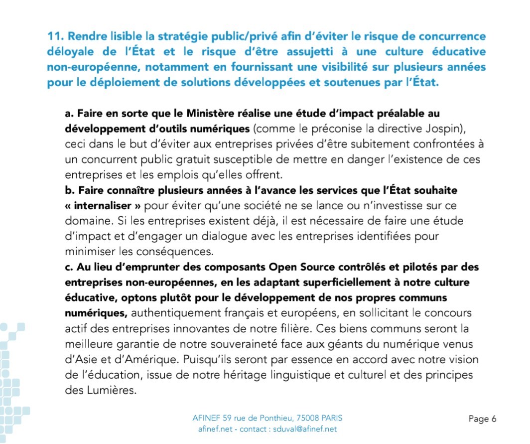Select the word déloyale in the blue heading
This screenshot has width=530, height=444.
tap(70, 52)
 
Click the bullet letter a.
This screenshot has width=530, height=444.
tap(68, 114)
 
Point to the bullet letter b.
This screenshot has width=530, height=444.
tap(68, 191)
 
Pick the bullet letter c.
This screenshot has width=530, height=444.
tap(68, 268)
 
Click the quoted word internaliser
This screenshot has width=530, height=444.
tap(106, 206)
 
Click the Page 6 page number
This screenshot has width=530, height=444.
tap(483, 419)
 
